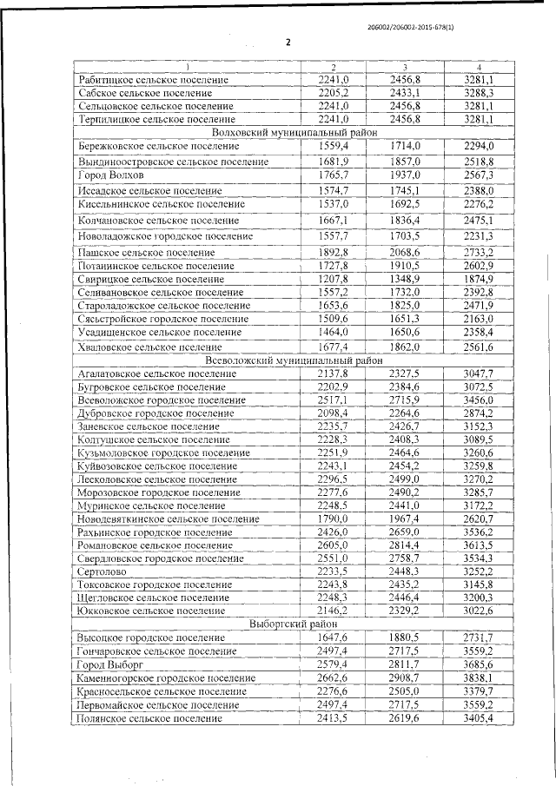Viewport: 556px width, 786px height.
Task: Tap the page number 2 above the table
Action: [x=288, y=43]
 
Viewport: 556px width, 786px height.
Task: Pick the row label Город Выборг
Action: [x=107, y=664]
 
